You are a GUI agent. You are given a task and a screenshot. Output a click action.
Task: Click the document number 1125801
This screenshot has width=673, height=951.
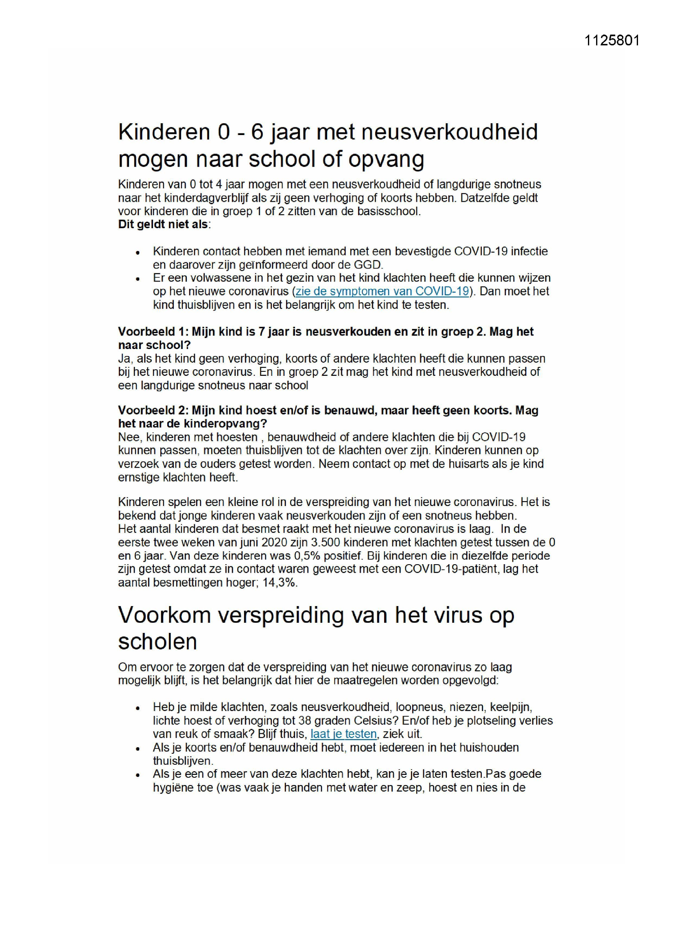click(x=612, y=41)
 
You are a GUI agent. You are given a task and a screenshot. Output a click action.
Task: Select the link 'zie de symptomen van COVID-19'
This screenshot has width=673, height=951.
click(x=382, y=291)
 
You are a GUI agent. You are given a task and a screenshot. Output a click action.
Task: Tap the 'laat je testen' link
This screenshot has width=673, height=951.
click(x=343, y=734)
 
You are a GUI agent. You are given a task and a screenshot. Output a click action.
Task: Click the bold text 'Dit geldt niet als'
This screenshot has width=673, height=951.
click(x=163, y=225)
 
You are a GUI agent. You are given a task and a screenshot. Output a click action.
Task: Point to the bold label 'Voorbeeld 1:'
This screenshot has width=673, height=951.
click(x=153, y=332)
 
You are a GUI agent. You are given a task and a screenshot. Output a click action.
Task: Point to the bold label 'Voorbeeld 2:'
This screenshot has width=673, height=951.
click(x=153, y=410)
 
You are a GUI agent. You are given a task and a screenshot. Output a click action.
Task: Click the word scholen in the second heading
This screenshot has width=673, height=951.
click(x=157, y=641)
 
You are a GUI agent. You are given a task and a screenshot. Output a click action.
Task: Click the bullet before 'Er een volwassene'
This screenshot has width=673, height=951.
click(x=138, y=279)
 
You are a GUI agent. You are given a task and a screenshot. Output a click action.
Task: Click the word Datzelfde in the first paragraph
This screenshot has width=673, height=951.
click(x=484, y=198)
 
